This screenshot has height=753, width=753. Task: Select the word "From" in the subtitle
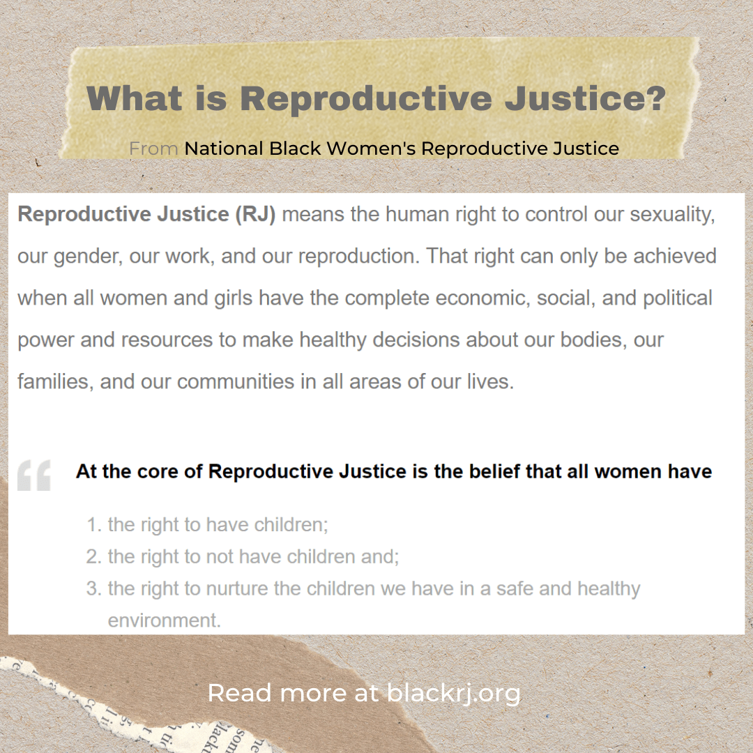[x=153, y=149]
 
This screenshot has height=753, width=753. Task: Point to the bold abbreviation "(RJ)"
[x=256, y=214]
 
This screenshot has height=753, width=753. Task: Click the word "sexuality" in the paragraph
[x=673, y=214]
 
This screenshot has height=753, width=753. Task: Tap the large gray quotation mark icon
[x=34, y=475]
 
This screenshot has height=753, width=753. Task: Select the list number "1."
[x=94, y=525]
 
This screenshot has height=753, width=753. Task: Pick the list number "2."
[x=94, y=557]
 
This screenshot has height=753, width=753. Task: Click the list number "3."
[x=94, y=589]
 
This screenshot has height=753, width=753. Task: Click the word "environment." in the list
[x=164, y=621]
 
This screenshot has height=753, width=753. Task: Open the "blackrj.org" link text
[x=453, y=694]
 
